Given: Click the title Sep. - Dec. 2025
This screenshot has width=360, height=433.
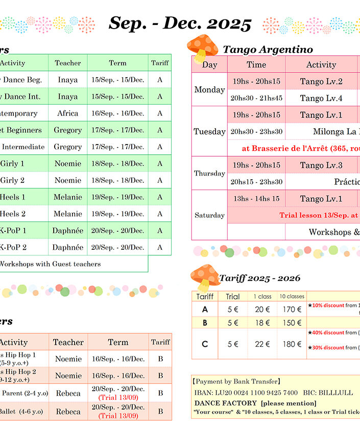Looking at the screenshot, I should tap(180, 23).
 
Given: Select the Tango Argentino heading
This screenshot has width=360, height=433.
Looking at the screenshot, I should tap(268, 50).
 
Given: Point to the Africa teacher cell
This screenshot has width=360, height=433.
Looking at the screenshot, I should tap(68, 113).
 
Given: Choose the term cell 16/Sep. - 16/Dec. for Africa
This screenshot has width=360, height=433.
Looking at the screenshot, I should tap(118, 113).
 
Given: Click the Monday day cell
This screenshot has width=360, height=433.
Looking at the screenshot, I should tap(209, 90).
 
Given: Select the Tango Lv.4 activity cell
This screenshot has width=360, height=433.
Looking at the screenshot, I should tap(321, 98).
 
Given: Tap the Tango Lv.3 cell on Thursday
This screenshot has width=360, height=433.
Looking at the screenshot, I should tap(321, 165).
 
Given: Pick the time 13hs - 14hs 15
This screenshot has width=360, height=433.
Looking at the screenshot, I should tap(256, 199).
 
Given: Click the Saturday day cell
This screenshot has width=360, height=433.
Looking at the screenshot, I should tap(209, 215).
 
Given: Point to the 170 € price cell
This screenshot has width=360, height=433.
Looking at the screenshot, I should tap(292, 309).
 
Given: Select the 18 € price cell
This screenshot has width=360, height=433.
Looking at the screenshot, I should tap(262, 323).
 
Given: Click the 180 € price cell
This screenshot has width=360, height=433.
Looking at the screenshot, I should tap(292, 344).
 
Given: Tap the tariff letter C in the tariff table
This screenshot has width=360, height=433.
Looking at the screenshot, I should tap(205, 344).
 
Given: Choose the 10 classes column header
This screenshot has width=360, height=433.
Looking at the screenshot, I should tap(292, 296).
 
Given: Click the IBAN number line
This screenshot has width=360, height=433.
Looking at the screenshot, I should tap(246, 392).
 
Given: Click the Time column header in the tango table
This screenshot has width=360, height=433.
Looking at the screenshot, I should tap(256, 64).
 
